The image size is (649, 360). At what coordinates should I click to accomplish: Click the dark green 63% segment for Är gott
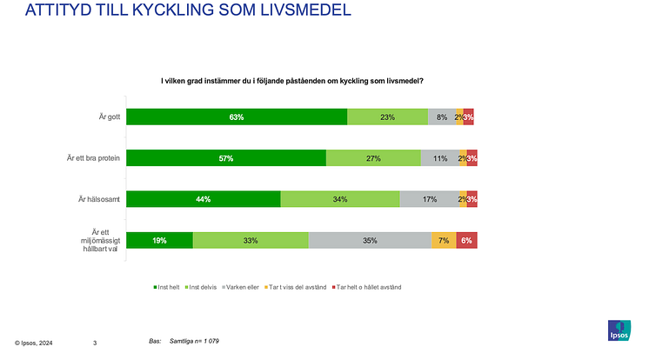237,117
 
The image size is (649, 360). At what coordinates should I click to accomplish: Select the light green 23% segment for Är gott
388,117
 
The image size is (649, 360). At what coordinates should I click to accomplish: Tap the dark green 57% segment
226,158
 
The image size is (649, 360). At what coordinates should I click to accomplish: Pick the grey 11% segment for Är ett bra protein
439,158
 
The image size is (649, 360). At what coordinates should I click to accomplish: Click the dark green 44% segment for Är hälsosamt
204,199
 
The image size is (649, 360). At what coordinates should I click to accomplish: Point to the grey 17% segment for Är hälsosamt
429,199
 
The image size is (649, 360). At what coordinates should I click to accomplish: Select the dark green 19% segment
160,240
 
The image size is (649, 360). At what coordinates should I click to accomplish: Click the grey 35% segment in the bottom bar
370,240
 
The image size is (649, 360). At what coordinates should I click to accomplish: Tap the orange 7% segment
444,240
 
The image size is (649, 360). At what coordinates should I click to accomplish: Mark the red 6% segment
466,240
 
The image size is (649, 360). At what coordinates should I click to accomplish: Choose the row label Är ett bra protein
92,158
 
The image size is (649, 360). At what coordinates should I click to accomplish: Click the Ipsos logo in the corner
619,331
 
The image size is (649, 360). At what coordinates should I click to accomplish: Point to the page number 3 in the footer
95,343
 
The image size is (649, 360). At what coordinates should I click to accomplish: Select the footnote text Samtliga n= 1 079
193,341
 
